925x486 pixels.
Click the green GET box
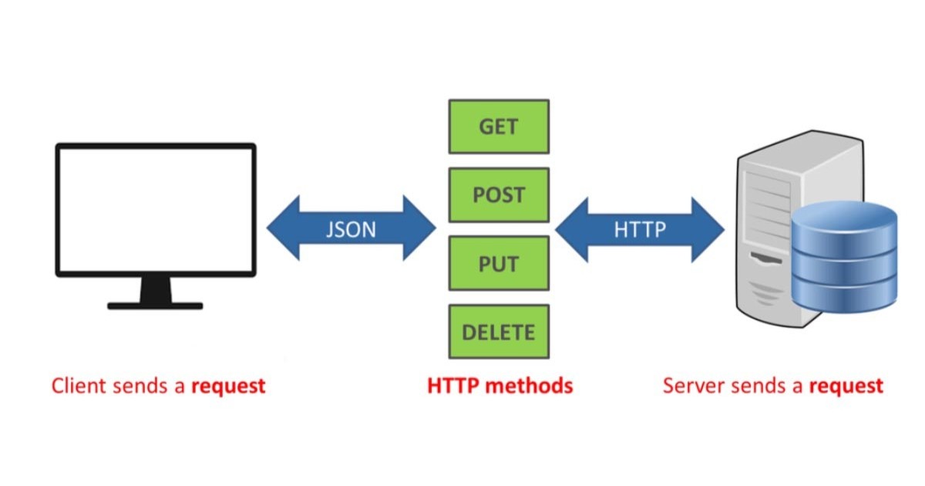point(499,127)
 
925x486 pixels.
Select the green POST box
point(499,194)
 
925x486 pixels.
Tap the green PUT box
point(499,263)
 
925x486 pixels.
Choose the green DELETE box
point(499,332)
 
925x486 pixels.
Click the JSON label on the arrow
point(351,229)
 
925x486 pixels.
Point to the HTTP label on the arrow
point(640,229)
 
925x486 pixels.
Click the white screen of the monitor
point(155,209)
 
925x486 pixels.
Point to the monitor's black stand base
point(155,305)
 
